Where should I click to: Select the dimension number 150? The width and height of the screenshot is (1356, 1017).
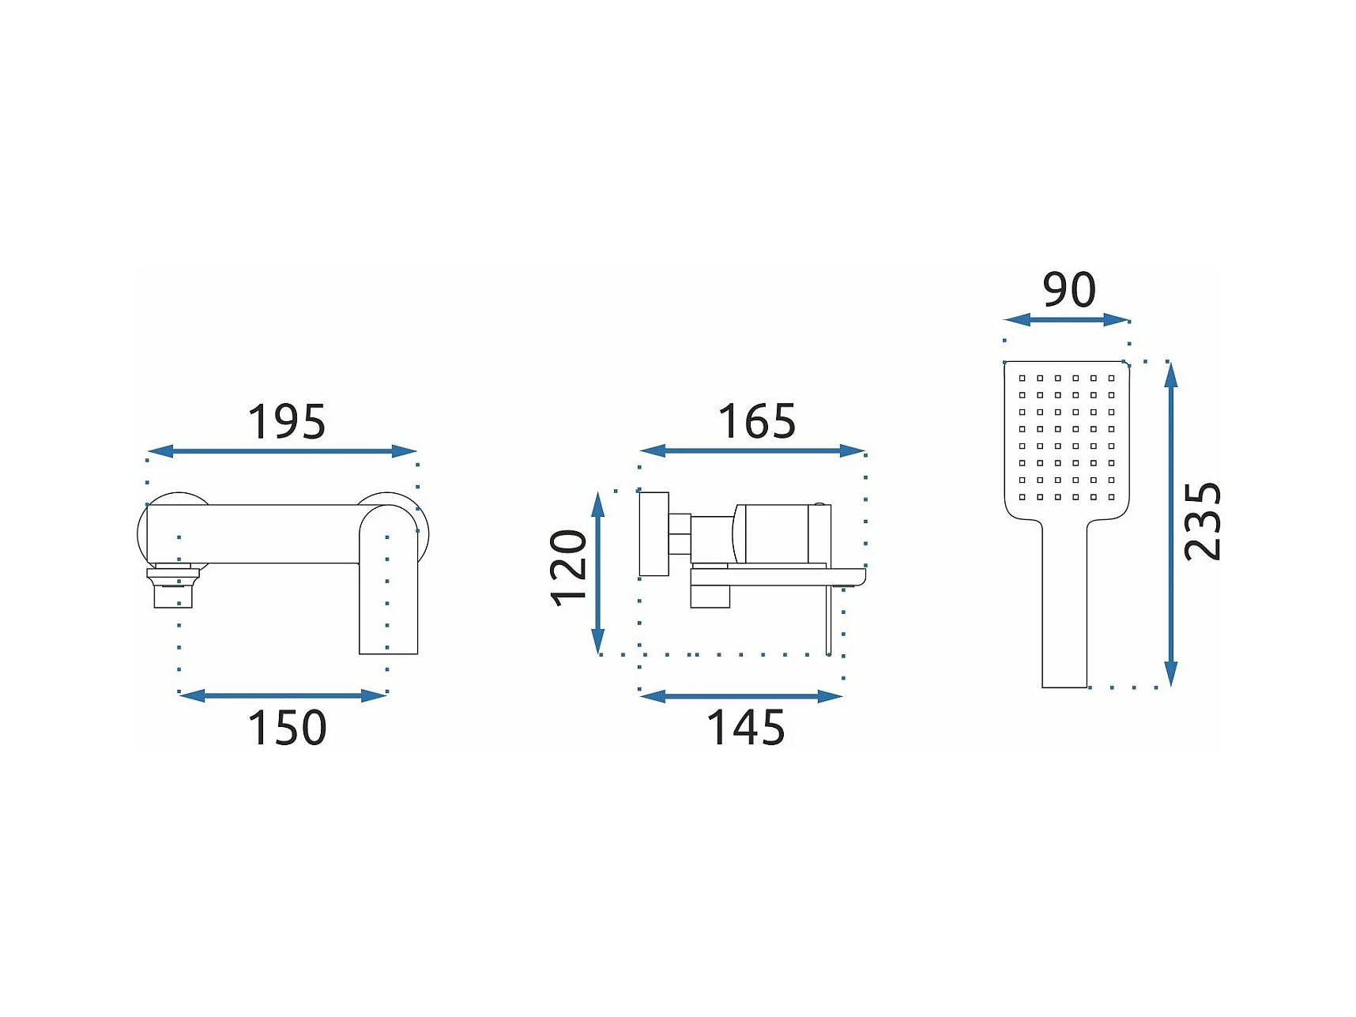point(287,728)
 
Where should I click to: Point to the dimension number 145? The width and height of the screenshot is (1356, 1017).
point(746,728)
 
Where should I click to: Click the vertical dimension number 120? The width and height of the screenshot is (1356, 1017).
point(569,567)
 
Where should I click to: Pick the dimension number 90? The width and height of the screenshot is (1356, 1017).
point(1069,290)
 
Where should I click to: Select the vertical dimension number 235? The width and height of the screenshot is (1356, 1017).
point(1203,522)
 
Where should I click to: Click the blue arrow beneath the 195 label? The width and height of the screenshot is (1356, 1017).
point(282,451)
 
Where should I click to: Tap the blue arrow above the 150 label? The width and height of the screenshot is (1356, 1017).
point(282,695)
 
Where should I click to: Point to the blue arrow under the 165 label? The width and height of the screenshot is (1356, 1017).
point(752,450)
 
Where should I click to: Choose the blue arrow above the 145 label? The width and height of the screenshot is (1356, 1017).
point(740,696)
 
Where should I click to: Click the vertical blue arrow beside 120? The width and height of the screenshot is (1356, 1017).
point(598,572)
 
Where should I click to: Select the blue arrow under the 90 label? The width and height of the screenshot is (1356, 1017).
point(1066,319)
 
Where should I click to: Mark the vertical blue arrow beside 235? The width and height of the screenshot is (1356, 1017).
point(1171,523)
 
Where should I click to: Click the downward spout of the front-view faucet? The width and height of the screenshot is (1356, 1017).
point(388,601)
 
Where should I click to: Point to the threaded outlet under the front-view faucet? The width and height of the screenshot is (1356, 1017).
point(173,587)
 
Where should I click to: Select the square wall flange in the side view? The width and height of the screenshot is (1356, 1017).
point(654,534)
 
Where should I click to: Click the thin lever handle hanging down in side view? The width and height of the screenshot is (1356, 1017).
point(828,620)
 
